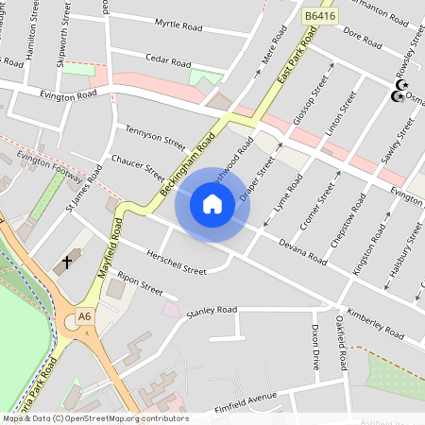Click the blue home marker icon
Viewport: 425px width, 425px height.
(212, 203)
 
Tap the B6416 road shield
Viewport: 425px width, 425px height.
(318, 16)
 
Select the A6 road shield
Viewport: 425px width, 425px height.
(86, 316)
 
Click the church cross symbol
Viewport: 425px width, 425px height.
(67, 260)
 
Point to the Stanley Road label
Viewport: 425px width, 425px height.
(211, 310)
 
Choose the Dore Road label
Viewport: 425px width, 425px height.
(362, 39)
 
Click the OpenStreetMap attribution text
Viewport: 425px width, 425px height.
(94, 418)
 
